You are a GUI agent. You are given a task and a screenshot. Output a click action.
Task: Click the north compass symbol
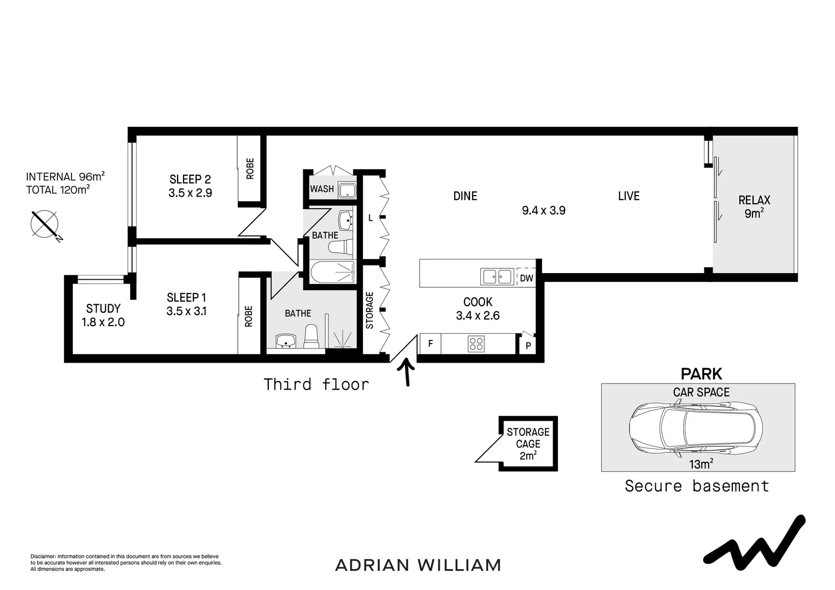[x=45, y=224]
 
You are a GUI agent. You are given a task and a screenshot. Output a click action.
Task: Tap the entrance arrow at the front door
[x=407, y=372]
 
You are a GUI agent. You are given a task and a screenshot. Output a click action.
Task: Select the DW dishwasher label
[x=526, y=278]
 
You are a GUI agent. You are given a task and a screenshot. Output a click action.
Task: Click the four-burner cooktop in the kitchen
[x=476, y=344]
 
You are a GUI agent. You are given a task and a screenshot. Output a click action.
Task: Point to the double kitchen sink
[x=496, y=277]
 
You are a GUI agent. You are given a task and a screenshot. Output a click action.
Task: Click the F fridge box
[x=430, y=344]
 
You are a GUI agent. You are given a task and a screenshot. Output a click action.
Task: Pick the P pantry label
[x=528, y=346]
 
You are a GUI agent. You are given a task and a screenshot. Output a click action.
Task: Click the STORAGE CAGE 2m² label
[x=528, y=444]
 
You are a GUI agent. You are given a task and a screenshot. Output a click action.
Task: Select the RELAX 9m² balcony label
[x=754, y=206]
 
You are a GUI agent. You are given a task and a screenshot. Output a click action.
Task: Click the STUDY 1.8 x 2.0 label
[x=103, y=315]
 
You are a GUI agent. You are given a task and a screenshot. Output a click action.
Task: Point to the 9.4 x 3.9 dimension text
[x=543, y=210]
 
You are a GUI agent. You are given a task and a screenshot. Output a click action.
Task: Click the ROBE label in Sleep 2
[x=250, y=169]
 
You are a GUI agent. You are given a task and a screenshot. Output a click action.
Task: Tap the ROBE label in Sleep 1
[x=249, y=316]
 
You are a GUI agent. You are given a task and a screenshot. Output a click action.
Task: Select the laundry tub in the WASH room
[x=346, y=191]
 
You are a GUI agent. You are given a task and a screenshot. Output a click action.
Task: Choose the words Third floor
[x=316, y=385]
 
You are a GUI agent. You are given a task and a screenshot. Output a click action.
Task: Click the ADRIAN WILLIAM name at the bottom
[x=417, y=565]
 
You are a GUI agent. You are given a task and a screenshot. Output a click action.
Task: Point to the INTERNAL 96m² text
[x=65, y=177]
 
